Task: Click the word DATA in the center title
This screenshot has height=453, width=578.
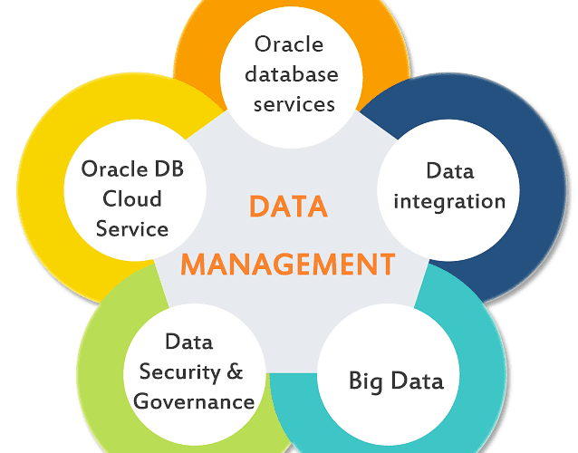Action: (288, 207)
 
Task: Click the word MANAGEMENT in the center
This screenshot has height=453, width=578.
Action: (288, 264)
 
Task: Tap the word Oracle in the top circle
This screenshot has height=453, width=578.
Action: (289, 43)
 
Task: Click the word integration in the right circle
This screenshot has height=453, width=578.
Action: (450, 199)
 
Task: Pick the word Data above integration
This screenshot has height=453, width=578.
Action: (450, 169)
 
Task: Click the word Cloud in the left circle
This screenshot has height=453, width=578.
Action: (132, 198)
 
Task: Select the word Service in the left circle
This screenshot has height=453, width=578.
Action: (132, 228)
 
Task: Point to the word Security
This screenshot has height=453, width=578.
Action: (180, 371)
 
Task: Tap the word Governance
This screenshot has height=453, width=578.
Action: (194, 400)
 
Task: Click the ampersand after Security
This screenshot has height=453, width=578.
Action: (233, 371)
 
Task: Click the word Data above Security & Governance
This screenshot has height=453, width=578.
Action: (188, 342)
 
